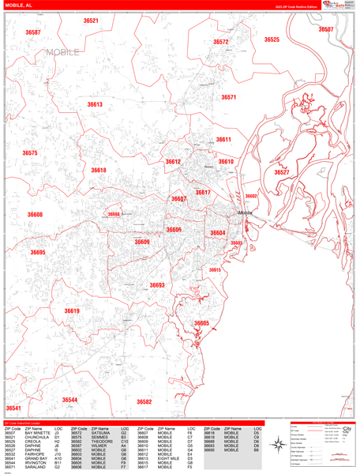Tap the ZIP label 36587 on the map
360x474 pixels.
coord(33,32)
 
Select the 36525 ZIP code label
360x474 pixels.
coord(272,39)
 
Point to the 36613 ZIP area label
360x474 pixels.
coord(95,104)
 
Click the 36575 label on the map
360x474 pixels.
coord(30,153)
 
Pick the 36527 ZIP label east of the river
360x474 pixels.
coord(282,171)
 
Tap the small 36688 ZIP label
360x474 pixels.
coord(114,214)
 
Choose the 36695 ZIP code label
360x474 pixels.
coord(38,253)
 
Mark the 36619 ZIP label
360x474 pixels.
coord(72,311)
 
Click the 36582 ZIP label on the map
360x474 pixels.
coord(144,401)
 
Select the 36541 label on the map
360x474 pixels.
coord(13,408)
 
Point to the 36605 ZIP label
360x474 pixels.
coord(202,323)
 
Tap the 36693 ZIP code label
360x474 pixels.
coord(157,285)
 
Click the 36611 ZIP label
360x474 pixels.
coord(223,140)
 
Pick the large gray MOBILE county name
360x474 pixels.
coord(63,52)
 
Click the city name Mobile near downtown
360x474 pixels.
coord(245,213)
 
